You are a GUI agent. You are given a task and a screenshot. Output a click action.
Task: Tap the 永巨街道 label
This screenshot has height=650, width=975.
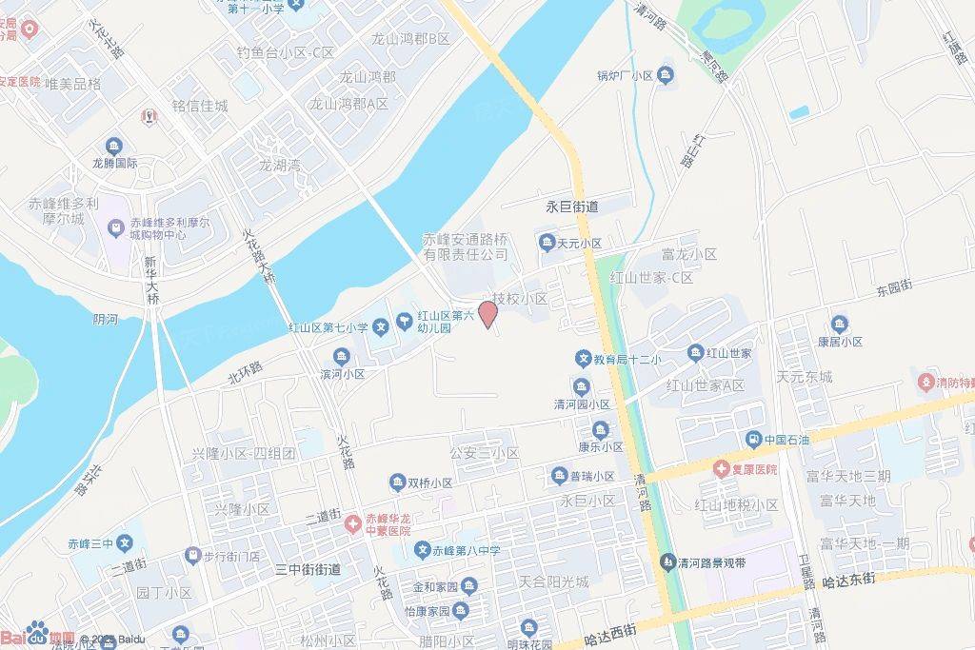click(x=571, y=207)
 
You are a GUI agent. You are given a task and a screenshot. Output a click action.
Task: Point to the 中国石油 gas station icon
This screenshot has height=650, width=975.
click(x=752, y=440)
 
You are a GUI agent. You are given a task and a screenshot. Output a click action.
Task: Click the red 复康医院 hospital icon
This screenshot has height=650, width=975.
click(x=722, y=469)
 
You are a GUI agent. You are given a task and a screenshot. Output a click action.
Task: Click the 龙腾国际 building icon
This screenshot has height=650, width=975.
click(x=113, y=146)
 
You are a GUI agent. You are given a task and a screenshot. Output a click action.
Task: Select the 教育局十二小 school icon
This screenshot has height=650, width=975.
click(x=583, y=359)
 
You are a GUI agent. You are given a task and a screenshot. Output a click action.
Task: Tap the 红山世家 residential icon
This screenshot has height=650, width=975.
click(x=696, y=353)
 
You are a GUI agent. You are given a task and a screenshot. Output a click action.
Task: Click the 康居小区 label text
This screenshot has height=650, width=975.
click(x=839, y=342)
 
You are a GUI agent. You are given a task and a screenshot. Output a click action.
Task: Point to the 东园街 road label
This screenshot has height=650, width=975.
click(x=894, y=285)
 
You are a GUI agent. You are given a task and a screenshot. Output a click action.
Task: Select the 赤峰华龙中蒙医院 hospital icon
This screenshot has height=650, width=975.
click(x=353, y=522)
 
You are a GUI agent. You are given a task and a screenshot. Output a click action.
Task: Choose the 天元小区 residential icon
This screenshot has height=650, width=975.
click(x=547, y=244)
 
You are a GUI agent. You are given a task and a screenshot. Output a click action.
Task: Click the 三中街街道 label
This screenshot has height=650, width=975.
click(x=308, y=569)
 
